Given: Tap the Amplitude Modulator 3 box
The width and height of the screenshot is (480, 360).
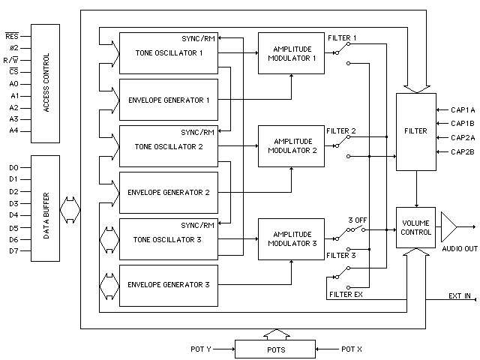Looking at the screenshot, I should tap(289, 238).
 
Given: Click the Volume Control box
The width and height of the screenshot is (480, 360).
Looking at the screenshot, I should tap(416, 227).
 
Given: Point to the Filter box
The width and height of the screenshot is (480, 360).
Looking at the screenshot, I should tap(416, 131).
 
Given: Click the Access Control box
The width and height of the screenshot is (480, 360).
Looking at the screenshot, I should tap(46, 84).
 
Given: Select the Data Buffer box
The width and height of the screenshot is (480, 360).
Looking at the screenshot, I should tap(46, 208).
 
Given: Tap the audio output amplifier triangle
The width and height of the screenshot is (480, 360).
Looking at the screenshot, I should tap(449, 226).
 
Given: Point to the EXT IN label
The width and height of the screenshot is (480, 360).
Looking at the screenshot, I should tap(460, 296).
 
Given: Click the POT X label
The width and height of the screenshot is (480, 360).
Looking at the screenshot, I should tap(352, 349).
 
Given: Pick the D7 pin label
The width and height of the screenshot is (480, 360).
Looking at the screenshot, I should tap(13, 250).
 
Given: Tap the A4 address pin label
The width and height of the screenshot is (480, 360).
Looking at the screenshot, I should tap(13, 131).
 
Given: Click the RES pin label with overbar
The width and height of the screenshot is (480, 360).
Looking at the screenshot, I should tap(13, 35).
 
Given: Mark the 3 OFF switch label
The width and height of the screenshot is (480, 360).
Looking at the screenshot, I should tap(356, 220).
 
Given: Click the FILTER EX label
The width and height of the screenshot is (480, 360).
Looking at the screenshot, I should tap(346, 294).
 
